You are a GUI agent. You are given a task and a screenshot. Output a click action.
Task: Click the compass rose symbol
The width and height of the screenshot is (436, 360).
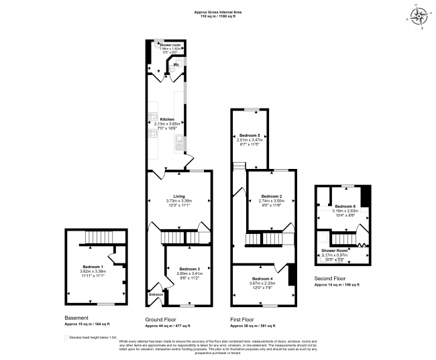(420, 16)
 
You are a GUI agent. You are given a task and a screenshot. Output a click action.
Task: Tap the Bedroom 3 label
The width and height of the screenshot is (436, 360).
(190, 268)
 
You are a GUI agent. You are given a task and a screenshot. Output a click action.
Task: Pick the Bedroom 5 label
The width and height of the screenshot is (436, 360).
(249, 135)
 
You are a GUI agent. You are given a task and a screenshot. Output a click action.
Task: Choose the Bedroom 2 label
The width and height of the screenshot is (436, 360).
(271, 196)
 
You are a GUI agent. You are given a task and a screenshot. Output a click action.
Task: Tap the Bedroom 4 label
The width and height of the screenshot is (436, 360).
(262, 278)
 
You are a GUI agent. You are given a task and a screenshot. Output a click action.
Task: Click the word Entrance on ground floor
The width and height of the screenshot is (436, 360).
(156, 294)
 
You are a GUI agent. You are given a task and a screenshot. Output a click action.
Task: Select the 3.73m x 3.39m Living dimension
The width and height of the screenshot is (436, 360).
(178, 201)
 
